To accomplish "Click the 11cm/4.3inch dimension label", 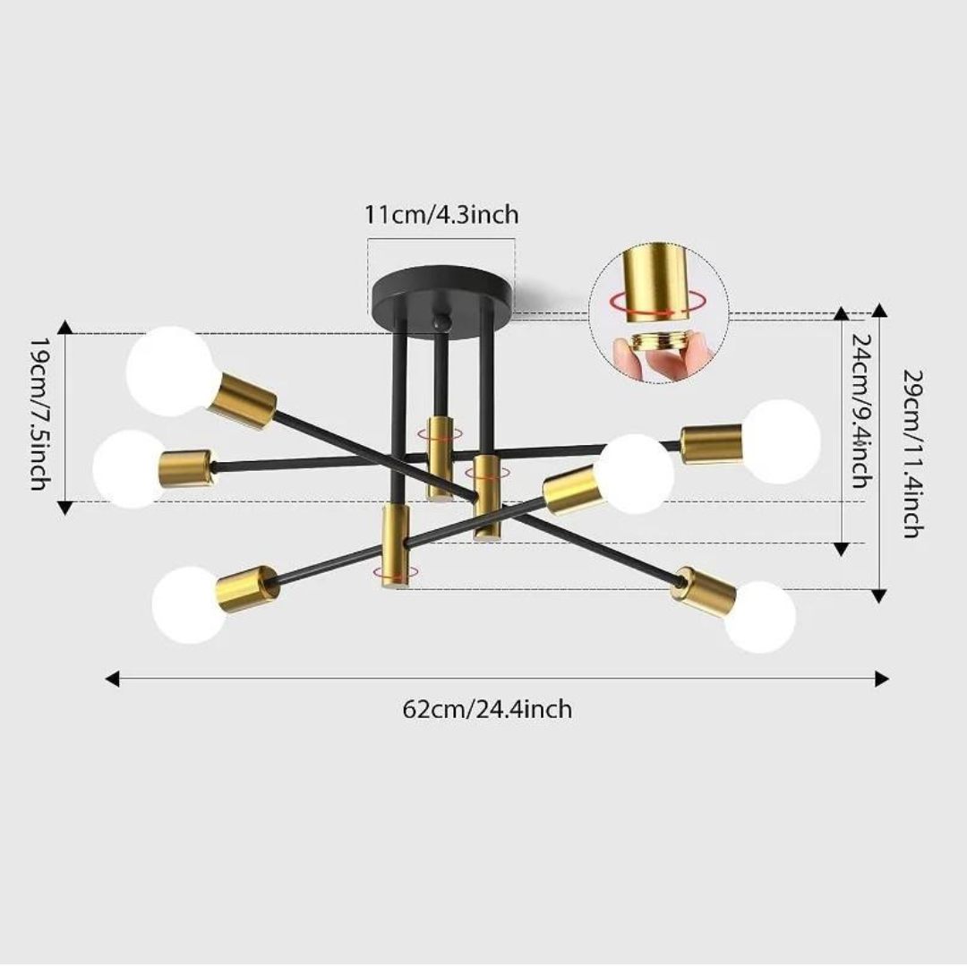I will (x=441, y=215).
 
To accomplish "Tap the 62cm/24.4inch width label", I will (x=486, y=709).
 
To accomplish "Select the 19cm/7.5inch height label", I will (x=39, y=414).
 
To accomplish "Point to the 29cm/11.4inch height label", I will (x=911, y=452).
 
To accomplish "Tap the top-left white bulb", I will (x=170, y=371).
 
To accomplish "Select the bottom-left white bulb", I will (x=189, y=604).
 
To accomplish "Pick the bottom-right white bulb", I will (x=760, y=616).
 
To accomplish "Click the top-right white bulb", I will (x=782, y=441).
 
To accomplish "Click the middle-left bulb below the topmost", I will (x=129, y=468).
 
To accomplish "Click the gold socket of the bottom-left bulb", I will (x=248, y=586).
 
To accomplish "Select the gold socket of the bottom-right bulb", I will (x=706, y=590).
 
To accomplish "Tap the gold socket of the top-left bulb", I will (x=242, y=400).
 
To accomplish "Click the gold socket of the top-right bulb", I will (x=711, y=444).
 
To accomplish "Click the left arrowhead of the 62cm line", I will (x=112, y=679).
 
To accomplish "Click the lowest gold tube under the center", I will (x=395, y=546).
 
